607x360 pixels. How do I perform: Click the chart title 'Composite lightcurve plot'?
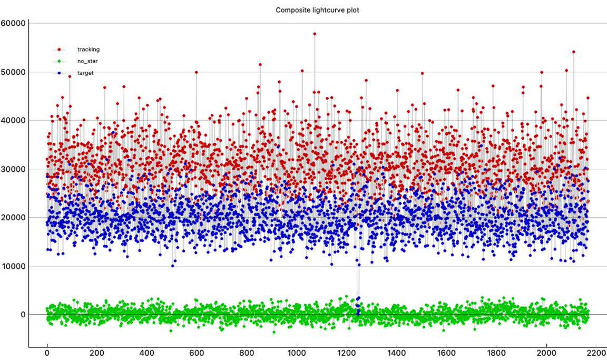[317, 10]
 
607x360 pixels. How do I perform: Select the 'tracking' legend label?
[88, 50]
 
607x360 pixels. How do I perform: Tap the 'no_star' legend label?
[87, 61]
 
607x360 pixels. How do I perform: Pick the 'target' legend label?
[85, 73]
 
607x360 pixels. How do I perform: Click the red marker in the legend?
[59, 50]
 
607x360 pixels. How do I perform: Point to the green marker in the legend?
[59, 61]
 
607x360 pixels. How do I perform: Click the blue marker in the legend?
[59, 73]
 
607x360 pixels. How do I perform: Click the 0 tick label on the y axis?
[23, 315]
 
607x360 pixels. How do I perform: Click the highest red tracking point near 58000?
[315, 34]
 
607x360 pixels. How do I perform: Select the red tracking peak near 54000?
[573, 52]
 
